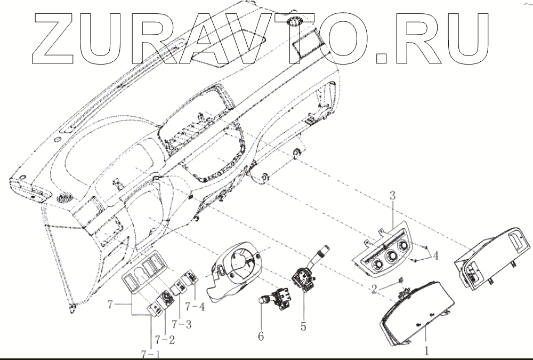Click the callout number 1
(426, 351)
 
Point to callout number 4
(435, 255)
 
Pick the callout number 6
(261, 337)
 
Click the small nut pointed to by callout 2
(400, 281)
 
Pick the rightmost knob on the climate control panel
(402, 246)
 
